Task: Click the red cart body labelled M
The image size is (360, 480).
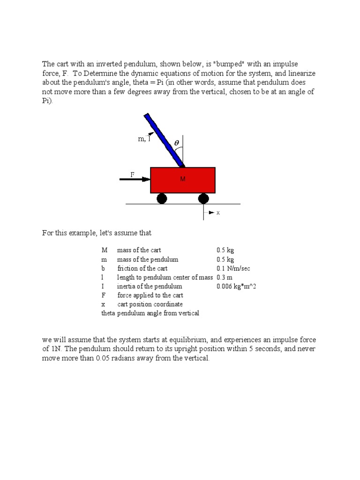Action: tap(183, 180)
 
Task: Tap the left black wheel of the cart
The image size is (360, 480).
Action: tap(162, 199)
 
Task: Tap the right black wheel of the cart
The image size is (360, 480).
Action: tap(203, 199)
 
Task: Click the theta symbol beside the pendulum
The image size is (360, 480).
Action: tap(177, 142)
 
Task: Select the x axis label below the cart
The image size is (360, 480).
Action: tap(218, 213)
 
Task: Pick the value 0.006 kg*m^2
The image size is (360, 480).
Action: tap(236, 286)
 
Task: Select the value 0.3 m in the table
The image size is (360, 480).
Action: tap(225, 277)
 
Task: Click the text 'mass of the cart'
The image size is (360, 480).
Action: tap(139, 250)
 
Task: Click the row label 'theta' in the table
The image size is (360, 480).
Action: tap(108, 313)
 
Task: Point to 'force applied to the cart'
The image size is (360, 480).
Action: tap(150, 295)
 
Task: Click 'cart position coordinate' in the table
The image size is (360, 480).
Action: tap(150, 304)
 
